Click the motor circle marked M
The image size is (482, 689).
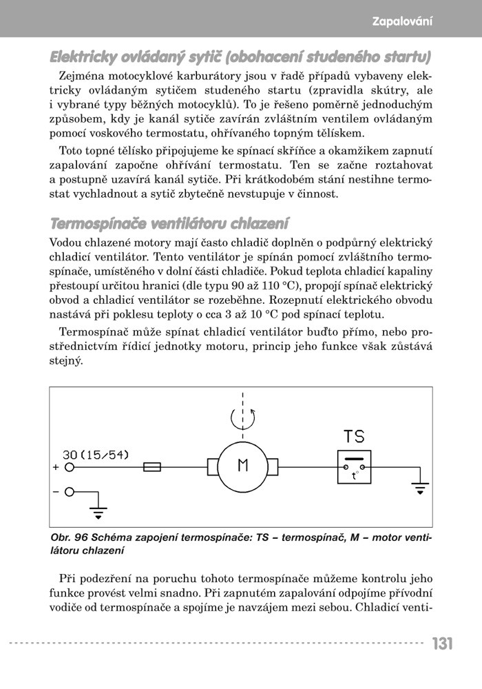242,466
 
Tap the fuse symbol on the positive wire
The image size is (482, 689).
151,467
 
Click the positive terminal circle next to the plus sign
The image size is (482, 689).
69,467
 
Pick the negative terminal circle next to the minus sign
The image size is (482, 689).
69,492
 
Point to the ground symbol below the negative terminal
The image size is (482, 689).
99,513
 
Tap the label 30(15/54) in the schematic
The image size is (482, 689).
95,455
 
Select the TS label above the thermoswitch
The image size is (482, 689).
354,437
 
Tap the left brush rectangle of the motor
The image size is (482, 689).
213,467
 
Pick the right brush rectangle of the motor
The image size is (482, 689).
272,467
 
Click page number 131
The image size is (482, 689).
443,644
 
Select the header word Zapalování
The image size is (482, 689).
402,21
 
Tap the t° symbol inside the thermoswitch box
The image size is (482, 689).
355,475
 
